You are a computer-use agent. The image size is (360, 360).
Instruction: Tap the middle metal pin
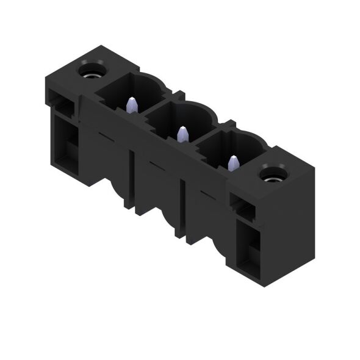181,134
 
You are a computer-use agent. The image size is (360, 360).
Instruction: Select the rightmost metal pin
232,163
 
